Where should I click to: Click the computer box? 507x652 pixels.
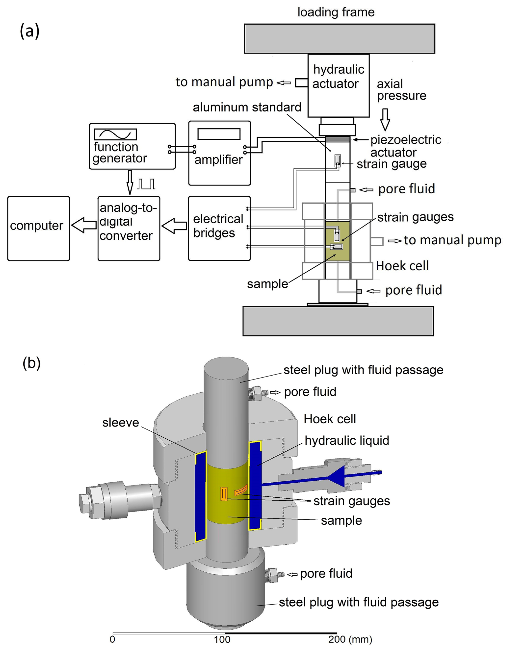(39, 228)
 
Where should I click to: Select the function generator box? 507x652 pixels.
(132, 146)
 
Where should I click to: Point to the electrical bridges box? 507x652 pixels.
(219, 228)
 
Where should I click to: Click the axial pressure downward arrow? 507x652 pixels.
(385, 119)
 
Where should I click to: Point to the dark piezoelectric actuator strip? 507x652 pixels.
(338, 139)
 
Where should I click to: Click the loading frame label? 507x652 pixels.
(336, 12)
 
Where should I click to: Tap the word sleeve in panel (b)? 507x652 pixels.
(120, 423)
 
